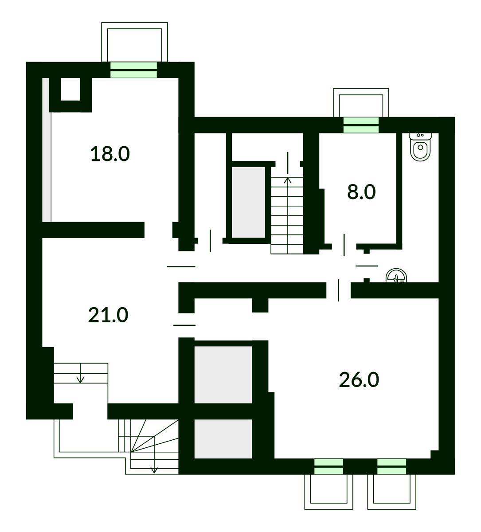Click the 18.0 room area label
pyautogui.click(x=110, y=154)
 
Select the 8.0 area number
pyautogui.click(x=361, y=192)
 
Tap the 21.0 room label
pyautogui.click(x=108, y=315)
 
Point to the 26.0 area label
pyautogui.click(x=359, y=380)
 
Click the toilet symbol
pyautogui.click(x=421, y=147)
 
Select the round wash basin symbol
pyautogui.click(x=396, y=276)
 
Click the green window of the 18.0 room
pyautogui.click(x=133, y=70)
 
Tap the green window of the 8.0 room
pyautogui.click(x=361, y=125)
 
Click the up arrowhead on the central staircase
pyautogui.click(x=288, y=180)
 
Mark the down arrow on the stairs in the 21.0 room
pyautogui.click(x=80, y=373)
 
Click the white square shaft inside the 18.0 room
pyautogui.click(x=70, y=89)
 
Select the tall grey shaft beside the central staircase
pyautogui.click(x=248, y=202)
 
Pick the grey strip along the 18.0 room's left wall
pyautogui.click(x=47, y=149)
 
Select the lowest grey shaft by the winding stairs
pyautogui.click(x=223, y=438)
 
